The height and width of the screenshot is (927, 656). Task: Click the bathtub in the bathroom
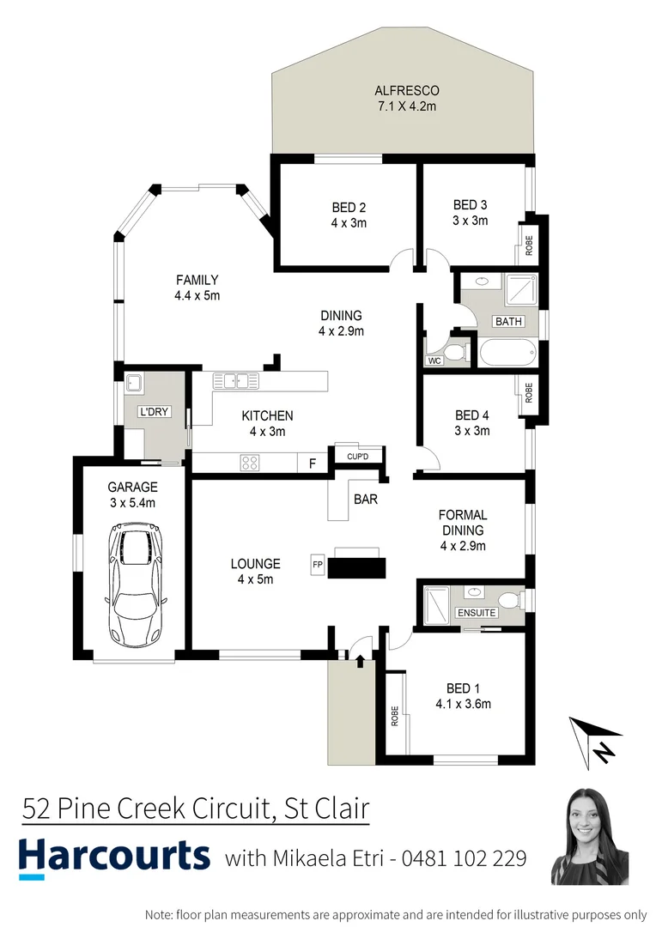[507, 352]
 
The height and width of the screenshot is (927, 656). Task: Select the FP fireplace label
[317, 566]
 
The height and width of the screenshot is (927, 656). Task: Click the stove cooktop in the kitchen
[250, 463]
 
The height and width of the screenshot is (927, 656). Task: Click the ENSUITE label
[476, 613]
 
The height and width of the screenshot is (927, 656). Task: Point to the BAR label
[365, 499]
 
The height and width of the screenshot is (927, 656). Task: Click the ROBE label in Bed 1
[395, 715]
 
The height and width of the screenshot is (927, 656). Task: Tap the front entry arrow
[360, 659]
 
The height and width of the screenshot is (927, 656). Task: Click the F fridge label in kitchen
[312, 463]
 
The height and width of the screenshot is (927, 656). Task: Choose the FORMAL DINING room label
[463, 530]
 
